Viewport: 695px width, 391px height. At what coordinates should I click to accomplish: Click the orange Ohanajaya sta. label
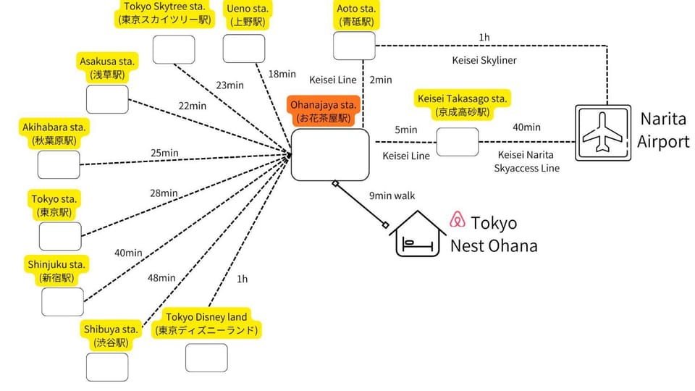(323, 112)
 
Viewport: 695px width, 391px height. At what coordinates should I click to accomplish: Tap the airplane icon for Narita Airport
(603, 133)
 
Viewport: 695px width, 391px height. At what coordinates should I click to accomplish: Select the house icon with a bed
(417, 234)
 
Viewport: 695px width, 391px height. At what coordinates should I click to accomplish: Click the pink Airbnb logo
(458, 219)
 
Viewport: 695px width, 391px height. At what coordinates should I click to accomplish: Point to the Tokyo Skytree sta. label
(165, 14)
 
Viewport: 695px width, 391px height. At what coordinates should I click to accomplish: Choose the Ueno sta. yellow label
(248, 15)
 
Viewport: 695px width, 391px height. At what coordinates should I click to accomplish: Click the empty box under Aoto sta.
(354, 46)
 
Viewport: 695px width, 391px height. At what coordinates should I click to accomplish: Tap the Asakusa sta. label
(107, 68)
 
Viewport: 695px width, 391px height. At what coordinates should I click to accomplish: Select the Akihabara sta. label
(54, 134)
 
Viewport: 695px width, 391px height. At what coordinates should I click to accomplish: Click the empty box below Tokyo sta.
(60, 236)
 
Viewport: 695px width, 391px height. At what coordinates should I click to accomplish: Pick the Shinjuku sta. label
(56, 271)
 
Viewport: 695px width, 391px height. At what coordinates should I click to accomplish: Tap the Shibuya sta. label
(111, 335)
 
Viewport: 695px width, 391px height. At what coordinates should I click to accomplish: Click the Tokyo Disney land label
(206, 324)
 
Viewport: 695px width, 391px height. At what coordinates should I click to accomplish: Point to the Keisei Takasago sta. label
(463, 105)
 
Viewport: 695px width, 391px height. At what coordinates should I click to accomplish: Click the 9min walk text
(392, 195)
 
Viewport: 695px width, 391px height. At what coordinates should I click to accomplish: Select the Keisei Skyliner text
(484, 60)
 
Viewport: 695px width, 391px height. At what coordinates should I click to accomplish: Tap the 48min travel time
(161, 278)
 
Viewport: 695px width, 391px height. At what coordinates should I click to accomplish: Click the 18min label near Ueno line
(282, 74)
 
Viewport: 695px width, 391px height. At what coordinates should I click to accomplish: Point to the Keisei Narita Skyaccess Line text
(526, 161)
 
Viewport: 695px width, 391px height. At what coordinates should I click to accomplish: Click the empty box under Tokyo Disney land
(206, 358)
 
